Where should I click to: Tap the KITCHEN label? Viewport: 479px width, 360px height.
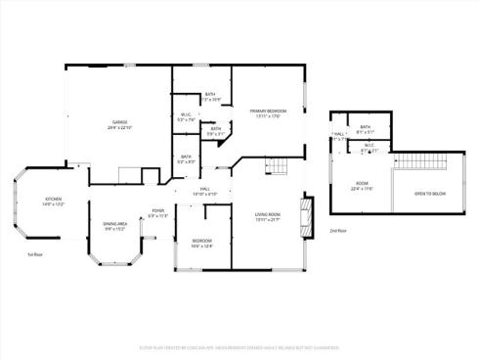pyautogui.click(x=54, y=199)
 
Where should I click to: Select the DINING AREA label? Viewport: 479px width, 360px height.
pyautogui.click(x=116, y=223)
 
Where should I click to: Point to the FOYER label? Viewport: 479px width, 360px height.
pyautogui.click(x=158, y=210)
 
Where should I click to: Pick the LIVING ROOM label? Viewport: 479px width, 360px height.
pyautogui.click(x=268, y=214)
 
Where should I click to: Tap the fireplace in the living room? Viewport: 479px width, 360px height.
pyautogui.click(x=306, y=214)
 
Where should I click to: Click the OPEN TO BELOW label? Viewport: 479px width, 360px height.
pyautogui.click(x=429, y=194)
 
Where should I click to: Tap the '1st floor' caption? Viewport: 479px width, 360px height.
pyautogui.click(x=33, y=253)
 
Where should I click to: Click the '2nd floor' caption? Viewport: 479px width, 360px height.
pyautogui.click(x=338, y=230)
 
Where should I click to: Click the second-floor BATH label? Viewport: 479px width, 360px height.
pyautogui.click(x=366, y=127)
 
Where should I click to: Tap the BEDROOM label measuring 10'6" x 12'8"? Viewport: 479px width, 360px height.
pyautogui.click(x=201, y=240)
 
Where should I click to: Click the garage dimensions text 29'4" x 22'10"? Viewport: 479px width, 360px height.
pyautogui.click(x=119, y=128)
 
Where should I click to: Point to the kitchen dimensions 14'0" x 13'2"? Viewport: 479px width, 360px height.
pyautogui.click(x=54, y=204)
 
